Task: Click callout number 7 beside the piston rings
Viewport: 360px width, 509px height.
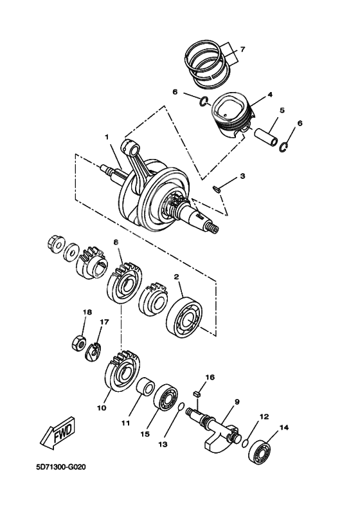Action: (x=243, y=50)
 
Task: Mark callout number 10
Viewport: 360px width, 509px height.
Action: (x=101, y=407)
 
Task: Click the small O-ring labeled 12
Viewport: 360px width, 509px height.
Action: (x=248, y=442)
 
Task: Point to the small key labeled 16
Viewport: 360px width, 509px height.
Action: (x=199, y=390)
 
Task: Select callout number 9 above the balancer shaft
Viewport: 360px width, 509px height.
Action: (x=237, y=402)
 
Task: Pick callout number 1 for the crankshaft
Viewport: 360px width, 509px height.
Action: (x=107, y=137)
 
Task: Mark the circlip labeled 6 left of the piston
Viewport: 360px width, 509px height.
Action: (x=203, y=100)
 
